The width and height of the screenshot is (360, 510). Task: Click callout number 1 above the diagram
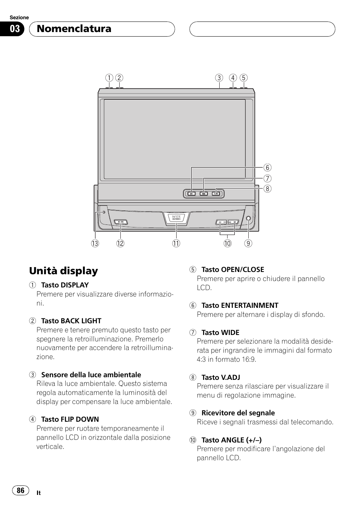click(109, 78)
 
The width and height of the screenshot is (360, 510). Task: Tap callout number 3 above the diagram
click(219, 78)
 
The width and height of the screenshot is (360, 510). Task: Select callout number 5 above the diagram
click(244, 78)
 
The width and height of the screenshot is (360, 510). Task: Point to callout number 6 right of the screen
click(268, 167)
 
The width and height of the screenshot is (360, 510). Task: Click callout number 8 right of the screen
click(268, 189)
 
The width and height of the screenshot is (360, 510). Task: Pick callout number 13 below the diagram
click(95, 244)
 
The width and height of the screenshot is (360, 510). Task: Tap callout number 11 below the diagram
click(176, 244)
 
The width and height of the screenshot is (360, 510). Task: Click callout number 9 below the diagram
click(248, 244)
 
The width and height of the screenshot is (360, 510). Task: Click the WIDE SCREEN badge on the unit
click(176, 218)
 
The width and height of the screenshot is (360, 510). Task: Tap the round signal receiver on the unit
click(248, 219)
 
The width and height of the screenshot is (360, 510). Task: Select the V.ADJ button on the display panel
click(216, 194)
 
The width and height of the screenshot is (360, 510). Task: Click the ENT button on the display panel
click(191, 194)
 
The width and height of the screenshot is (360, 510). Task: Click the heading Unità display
click(63, 271)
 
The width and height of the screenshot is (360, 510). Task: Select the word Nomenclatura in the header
click(74, 29)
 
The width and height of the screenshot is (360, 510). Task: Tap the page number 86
click(20, 490)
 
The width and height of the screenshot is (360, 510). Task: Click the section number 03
click(15, 29)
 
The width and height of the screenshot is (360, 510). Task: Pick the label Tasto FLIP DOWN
click(70, 419)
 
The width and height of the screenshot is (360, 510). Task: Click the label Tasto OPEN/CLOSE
click(232, 270)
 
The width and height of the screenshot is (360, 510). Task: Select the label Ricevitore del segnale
click(238, 413)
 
